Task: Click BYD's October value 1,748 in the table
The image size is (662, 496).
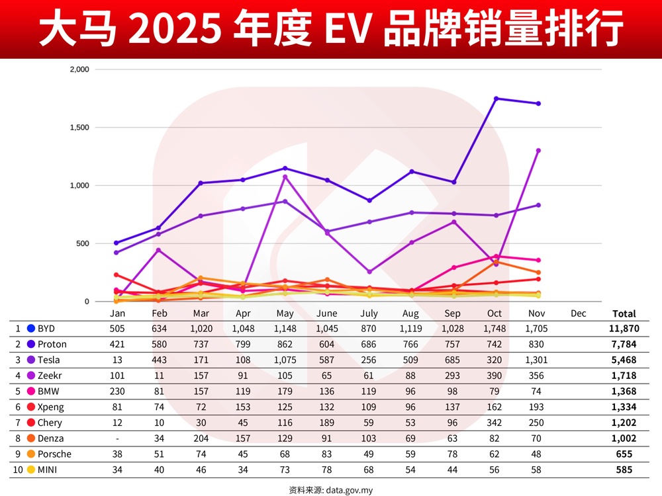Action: click(495, 328)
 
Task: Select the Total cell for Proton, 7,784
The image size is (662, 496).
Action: click(624, 344)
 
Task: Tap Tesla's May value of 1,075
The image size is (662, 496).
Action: click(284, 360)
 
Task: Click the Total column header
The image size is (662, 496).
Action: click(624, 313)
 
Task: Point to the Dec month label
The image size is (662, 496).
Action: click(578, 313)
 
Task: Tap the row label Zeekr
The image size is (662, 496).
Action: click(51, 376)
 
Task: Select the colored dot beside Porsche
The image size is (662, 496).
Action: click(30, 454)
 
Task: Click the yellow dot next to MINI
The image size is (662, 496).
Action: click(30, 470)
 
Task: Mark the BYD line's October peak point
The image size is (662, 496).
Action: click(496, 99)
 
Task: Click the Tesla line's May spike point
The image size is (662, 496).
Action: click(285, 177)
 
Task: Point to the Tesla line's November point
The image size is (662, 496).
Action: click(538, 151)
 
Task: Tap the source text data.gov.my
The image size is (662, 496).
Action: click(349, 490)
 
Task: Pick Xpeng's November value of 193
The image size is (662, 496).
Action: click(537, 407)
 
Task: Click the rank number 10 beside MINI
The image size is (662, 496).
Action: click(17, 470)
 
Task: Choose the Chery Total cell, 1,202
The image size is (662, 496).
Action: click(624, 423)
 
